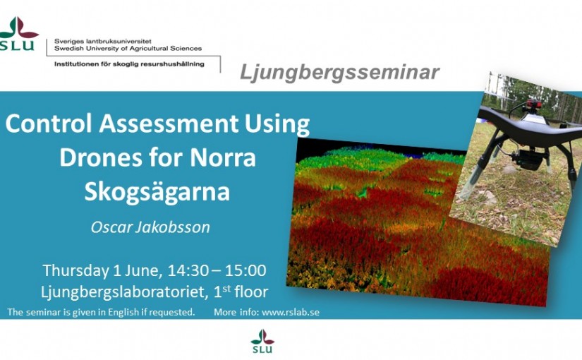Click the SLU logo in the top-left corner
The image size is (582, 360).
[18, 33]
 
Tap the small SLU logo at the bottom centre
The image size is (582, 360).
[262, 341]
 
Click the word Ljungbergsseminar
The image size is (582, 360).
[339, 72]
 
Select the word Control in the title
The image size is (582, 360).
[49, 124]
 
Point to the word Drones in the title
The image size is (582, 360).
[101, 157]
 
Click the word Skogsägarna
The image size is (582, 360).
[157, 193]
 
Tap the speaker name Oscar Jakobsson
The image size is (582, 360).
[150, 227]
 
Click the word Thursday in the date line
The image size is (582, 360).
[75, 271]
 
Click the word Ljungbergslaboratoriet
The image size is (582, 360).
[124, 292]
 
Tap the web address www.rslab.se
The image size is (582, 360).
[291, 312]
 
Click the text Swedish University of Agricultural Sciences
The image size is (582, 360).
[128, 48]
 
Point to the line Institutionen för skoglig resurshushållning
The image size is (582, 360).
[129, 64]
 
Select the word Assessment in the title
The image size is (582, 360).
[169, 124]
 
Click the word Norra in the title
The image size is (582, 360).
[223, 157]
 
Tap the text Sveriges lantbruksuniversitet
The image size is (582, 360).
[103, 41]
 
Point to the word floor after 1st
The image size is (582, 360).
[251, 292]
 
